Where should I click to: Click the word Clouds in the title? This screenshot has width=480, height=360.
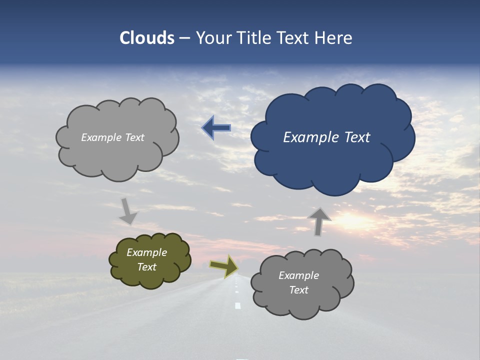[x=147, y=38]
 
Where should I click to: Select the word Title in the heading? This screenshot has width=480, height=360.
[x=254, y=38]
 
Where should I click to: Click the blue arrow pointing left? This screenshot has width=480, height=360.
[x=216, y=128]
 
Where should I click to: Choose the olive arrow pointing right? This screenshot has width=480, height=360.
[x=223, y=266]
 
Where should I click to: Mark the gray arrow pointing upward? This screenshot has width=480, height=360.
[x=319, y=221]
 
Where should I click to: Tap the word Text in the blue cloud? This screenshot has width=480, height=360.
[x=357, y=137]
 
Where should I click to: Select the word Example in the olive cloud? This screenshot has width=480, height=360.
[x=146, y=252]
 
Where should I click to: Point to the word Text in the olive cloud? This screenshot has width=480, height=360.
[x=146, y=267]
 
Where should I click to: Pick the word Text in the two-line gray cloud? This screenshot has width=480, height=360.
[x=298, y=290]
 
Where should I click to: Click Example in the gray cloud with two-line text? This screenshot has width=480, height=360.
[x=298, y=275]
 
